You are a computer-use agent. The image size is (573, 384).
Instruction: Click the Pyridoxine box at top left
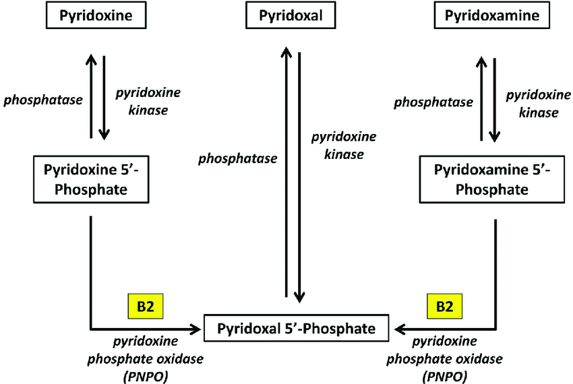(x=96, y=15)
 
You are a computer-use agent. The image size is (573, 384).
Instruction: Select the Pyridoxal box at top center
(x=291, y=15)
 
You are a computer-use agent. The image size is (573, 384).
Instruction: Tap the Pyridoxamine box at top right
(x=492, y=15)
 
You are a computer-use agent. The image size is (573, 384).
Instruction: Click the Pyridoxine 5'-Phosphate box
(x=91, y=179)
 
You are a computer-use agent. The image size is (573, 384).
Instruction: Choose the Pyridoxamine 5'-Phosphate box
(x=492, y=179)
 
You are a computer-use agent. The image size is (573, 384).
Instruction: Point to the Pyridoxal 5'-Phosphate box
(x=296, y=328)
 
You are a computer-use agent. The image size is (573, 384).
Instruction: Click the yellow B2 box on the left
(x=146, y=306)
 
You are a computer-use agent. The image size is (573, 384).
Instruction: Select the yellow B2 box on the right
(x=444, y=306)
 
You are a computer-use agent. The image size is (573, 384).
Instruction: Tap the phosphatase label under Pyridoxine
(x=43, y=100)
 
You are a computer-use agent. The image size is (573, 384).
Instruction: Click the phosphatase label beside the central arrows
(x=237, y=159)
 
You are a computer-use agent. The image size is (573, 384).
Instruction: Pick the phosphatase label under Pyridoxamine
(x=433, y=102)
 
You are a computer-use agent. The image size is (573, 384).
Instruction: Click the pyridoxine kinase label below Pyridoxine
(x=148, y=101)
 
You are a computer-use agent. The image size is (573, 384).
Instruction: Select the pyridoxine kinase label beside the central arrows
(x=344, y=146)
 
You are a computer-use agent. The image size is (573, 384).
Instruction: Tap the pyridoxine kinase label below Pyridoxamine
(x=539, y=104)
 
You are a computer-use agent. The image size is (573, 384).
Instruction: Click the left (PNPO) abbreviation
(x=146, y=377)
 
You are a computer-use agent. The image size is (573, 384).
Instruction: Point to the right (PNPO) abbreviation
(x=444, y=377)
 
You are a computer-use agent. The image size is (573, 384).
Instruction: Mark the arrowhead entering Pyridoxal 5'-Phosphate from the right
(x=401, y=329)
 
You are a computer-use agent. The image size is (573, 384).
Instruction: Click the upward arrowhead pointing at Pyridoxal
(x=286, y=53)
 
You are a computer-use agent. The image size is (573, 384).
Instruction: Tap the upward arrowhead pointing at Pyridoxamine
(x=481, y=63)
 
